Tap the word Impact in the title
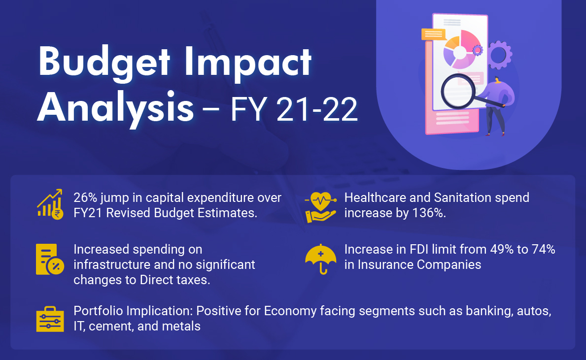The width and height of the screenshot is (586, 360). tap(248, 64)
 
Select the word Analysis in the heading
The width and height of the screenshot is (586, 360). tap(115, 108)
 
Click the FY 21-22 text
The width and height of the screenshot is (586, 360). tap(294, 109)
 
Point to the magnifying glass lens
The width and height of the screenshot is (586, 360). tap(458, 92)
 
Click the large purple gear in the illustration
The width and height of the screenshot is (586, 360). tap(499, 55)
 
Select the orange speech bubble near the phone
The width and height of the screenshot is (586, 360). tap(434, 34)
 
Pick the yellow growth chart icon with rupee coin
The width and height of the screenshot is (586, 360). tap(50, 204)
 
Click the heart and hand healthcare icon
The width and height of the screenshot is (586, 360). tap(320, 207)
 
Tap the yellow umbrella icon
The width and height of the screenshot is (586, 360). tap(321, 259)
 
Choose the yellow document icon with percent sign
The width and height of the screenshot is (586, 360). tap(50, 260)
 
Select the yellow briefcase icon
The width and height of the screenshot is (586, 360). tap(50, 319)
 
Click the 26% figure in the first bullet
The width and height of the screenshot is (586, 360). tap(85, 197)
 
